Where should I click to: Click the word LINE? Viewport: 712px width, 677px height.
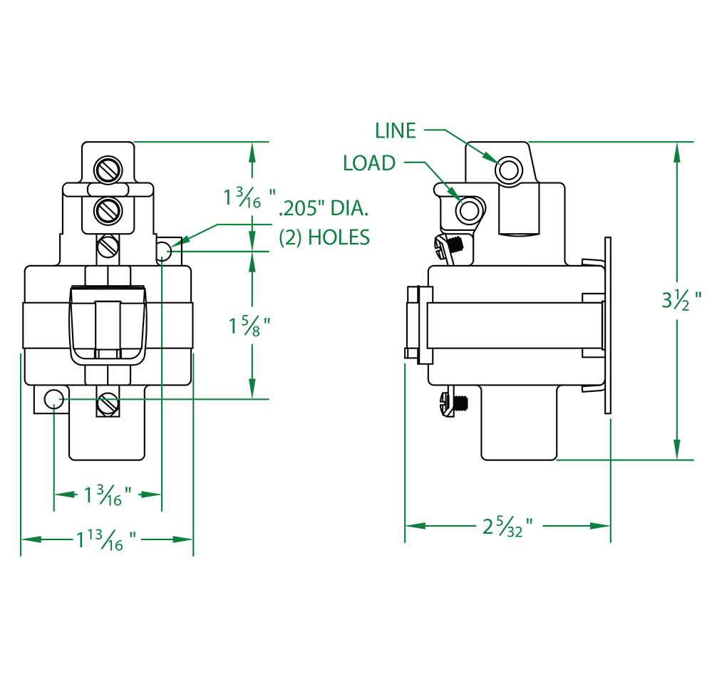[x=395, y=130]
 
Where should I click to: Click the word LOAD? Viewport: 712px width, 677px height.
[x=368, y=163]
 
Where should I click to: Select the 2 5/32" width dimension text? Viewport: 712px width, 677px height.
[x=507, y=527]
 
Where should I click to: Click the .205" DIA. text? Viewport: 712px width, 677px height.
[x=325, y=210]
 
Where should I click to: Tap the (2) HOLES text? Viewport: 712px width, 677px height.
[x=324, y=237]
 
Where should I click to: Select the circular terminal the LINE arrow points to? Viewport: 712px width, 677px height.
[x=511, y=171]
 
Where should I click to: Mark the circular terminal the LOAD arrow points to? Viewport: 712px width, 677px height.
[x=470, y=211]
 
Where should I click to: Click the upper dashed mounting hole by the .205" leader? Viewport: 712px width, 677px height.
[x=165, y=250]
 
